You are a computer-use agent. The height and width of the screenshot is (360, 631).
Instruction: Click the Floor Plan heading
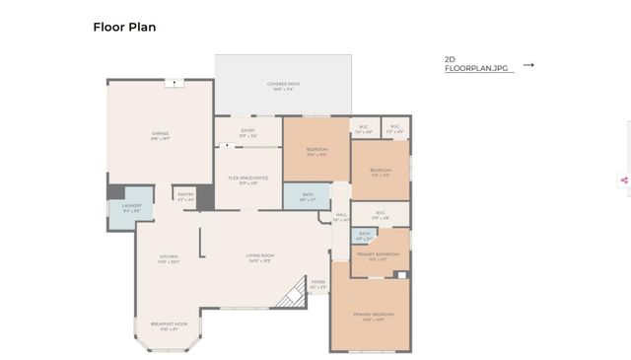coord(124,27)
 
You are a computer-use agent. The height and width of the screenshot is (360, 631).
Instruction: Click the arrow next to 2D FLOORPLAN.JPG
coord(528,65)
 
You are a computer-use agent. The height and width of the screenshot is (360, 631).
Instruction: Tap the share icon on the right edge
coord(624,180)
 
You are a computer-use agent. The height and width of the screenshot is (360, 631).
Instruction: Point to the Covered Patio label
coord(283,85)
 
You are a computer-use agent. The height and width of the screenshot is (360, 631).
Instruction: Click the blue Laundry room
coord(131,208)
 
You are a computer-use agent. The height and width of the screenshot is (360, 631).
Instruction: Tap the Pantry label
coord(185,195)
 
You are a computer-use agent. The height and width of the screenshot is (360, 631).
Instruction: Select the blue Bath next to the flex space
coord(306,196)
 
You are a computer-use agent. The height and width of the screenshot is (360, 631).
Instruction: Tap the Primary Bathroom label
coord(379,254)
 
